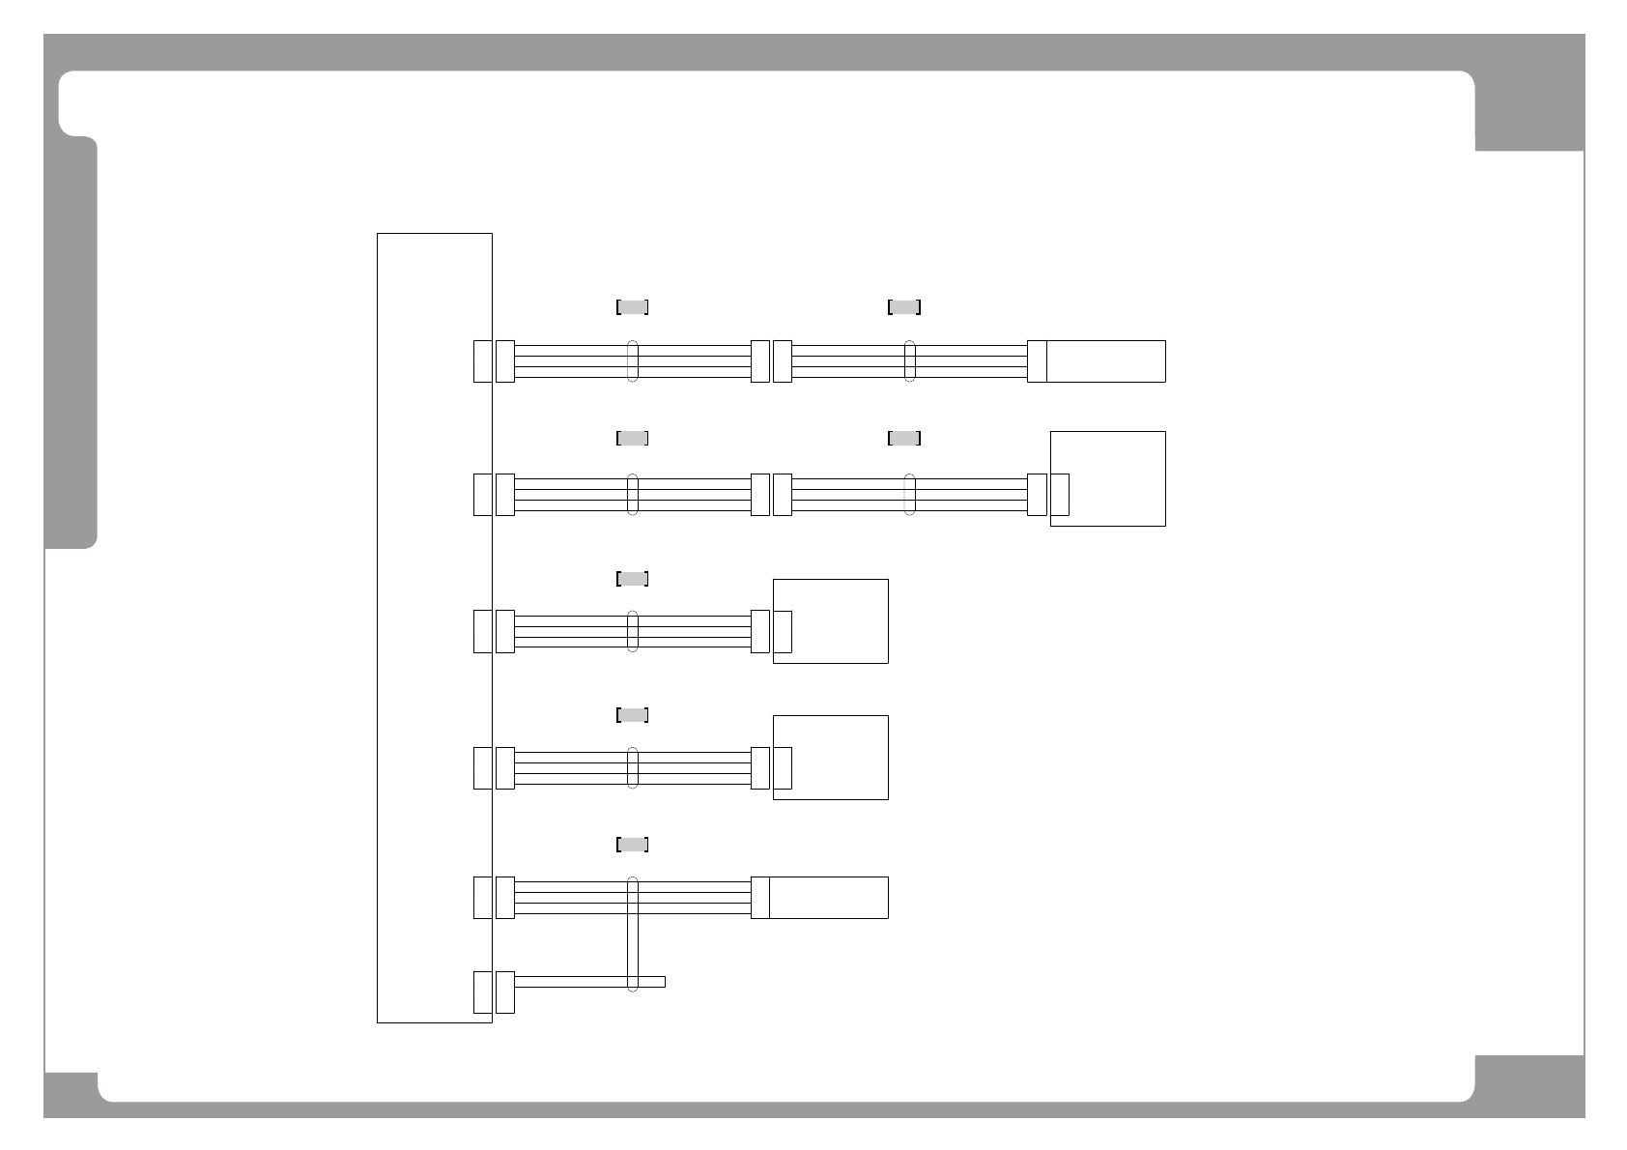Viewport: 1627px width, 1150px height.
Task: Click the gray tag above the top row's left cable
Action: tap(632, 307)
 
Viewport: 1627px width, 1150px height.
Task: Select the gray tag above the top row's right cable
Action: tap(903, 307)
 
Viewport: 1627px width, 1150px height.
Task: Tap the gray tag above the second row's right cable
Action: tap(903, 438)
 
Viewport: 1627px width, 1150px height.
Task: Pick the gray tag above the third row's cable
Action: tap(632, 579)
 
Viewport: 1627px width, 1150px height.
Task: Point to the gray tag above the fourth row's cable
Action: tap(632, 715)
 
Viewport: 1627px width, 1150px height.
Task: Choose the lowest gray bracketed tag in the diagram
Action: tap(632, 845)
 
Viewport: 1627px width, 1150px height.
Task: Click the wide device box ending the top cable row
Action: tap(1105, 361)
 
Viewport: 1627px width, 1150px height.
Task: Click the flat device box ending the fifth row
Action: tap(828, 897)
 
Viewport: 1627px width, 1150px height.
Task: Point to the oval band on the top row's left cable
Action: tap(633, 361)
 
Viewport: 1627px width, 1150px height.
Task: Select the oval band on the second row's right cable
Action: tap(909, 495)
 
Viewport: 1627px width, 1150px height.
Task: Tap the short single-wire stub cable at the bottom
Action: tap(589, 982)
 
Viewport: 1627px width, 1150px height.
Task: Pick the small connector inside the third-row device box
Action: tap(783, 631)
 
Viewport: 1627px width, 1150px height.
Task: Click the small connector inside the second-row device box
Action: tap(1060, 495)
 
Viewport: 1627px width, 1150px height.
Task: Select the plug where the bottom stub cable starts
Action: tap(504, 992)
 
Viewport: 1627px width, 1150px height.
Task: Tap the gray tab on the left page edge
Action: tap(71, 343)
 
